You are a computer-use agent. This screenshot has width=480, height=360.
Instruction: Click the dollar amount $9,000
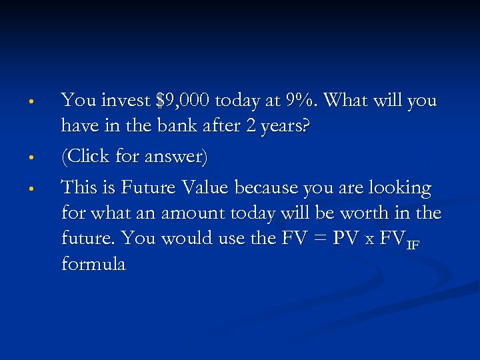[182, 101]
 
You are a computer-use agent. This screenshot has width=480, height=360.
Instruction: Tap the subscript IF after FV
[413, 245]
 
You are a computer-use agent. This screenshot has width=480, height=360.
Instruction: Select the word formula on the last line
[93, 264]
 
